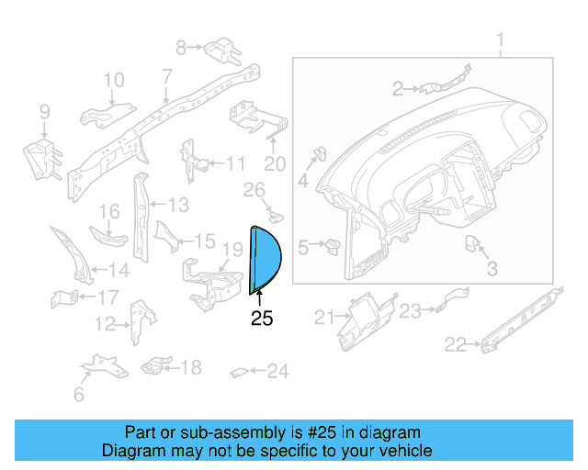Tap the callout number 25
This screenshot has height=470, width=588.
262,319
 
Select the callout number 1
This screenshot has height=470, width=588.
501,40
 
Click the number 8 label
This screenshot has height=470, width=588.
181,46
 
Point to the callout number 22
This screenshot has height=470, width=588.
455,344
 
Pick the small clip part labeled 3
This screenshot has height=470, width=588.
475,245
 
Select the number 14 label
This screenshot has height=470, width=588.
119,271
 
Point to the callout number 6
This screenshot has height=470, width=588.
78,395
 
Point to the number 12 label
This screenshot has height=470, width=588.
106,323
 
